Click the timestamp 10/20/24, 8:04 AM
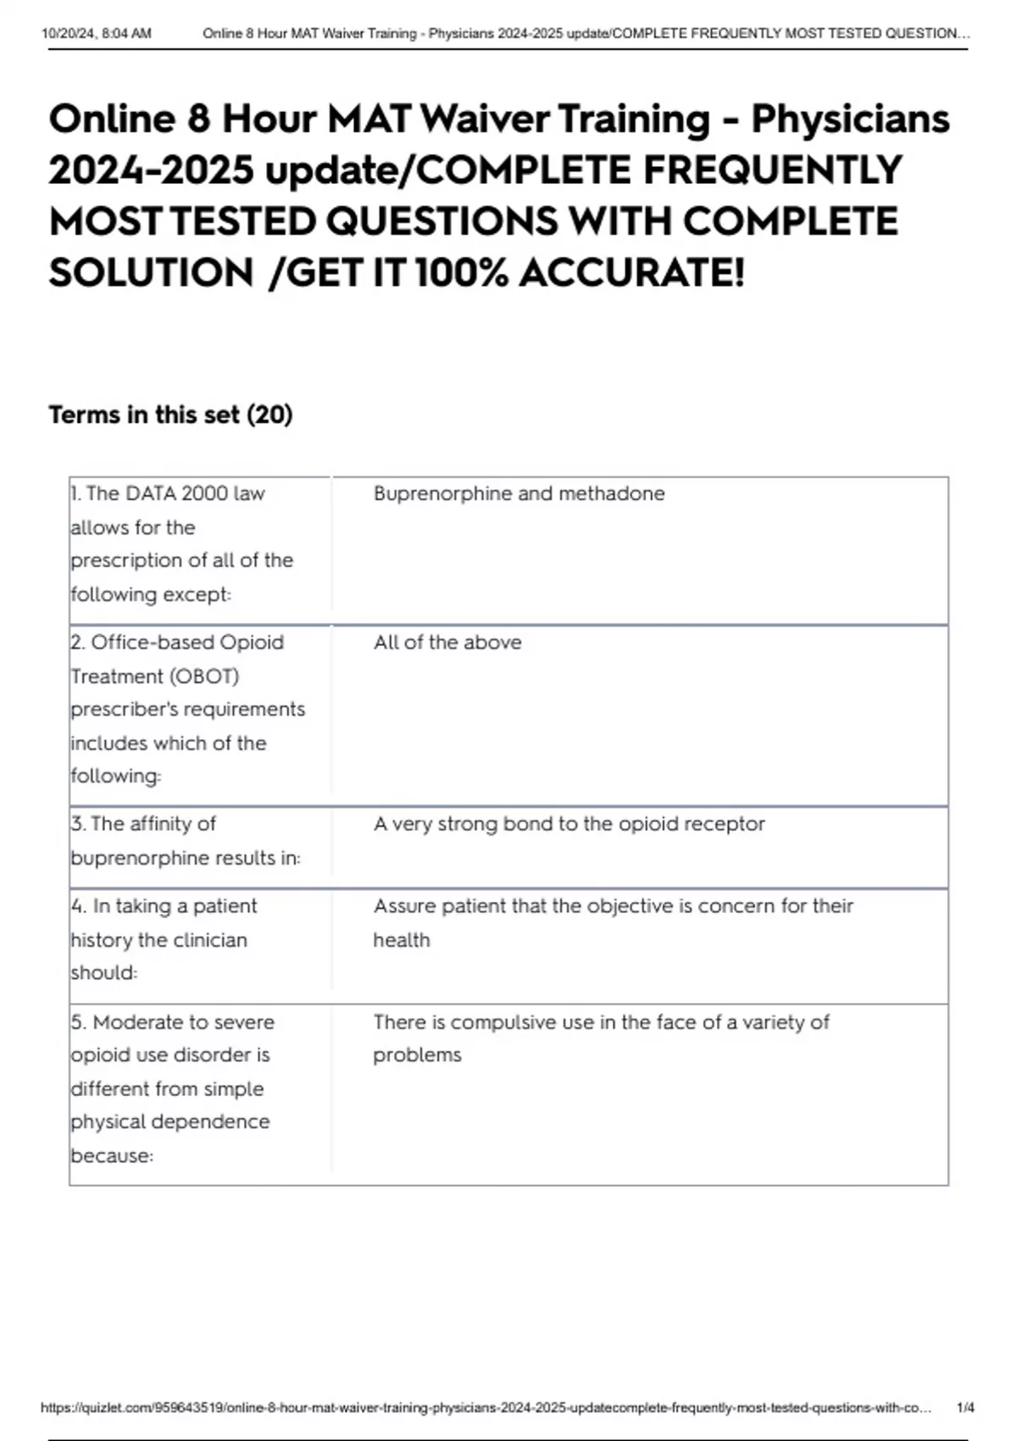coord(96,34)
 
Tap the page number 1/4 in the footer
coord(964,1408)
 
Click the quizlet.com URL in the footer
coord(485,1408)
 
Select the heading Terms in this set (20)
coord(170,414)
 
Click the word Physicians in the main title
coord(850,119)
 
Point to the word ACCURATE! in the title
coord(631,273)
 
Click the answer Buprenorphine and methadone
coord(519,493)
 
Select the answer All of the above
coord(447,643)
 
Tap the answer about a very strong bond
coord(569,824)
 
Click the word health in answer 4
coord(402,940)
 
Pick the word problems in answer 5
coord(417,1055)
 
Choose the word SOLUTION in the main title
coord(151,273)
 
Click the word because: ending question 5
coord(112,1155)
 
